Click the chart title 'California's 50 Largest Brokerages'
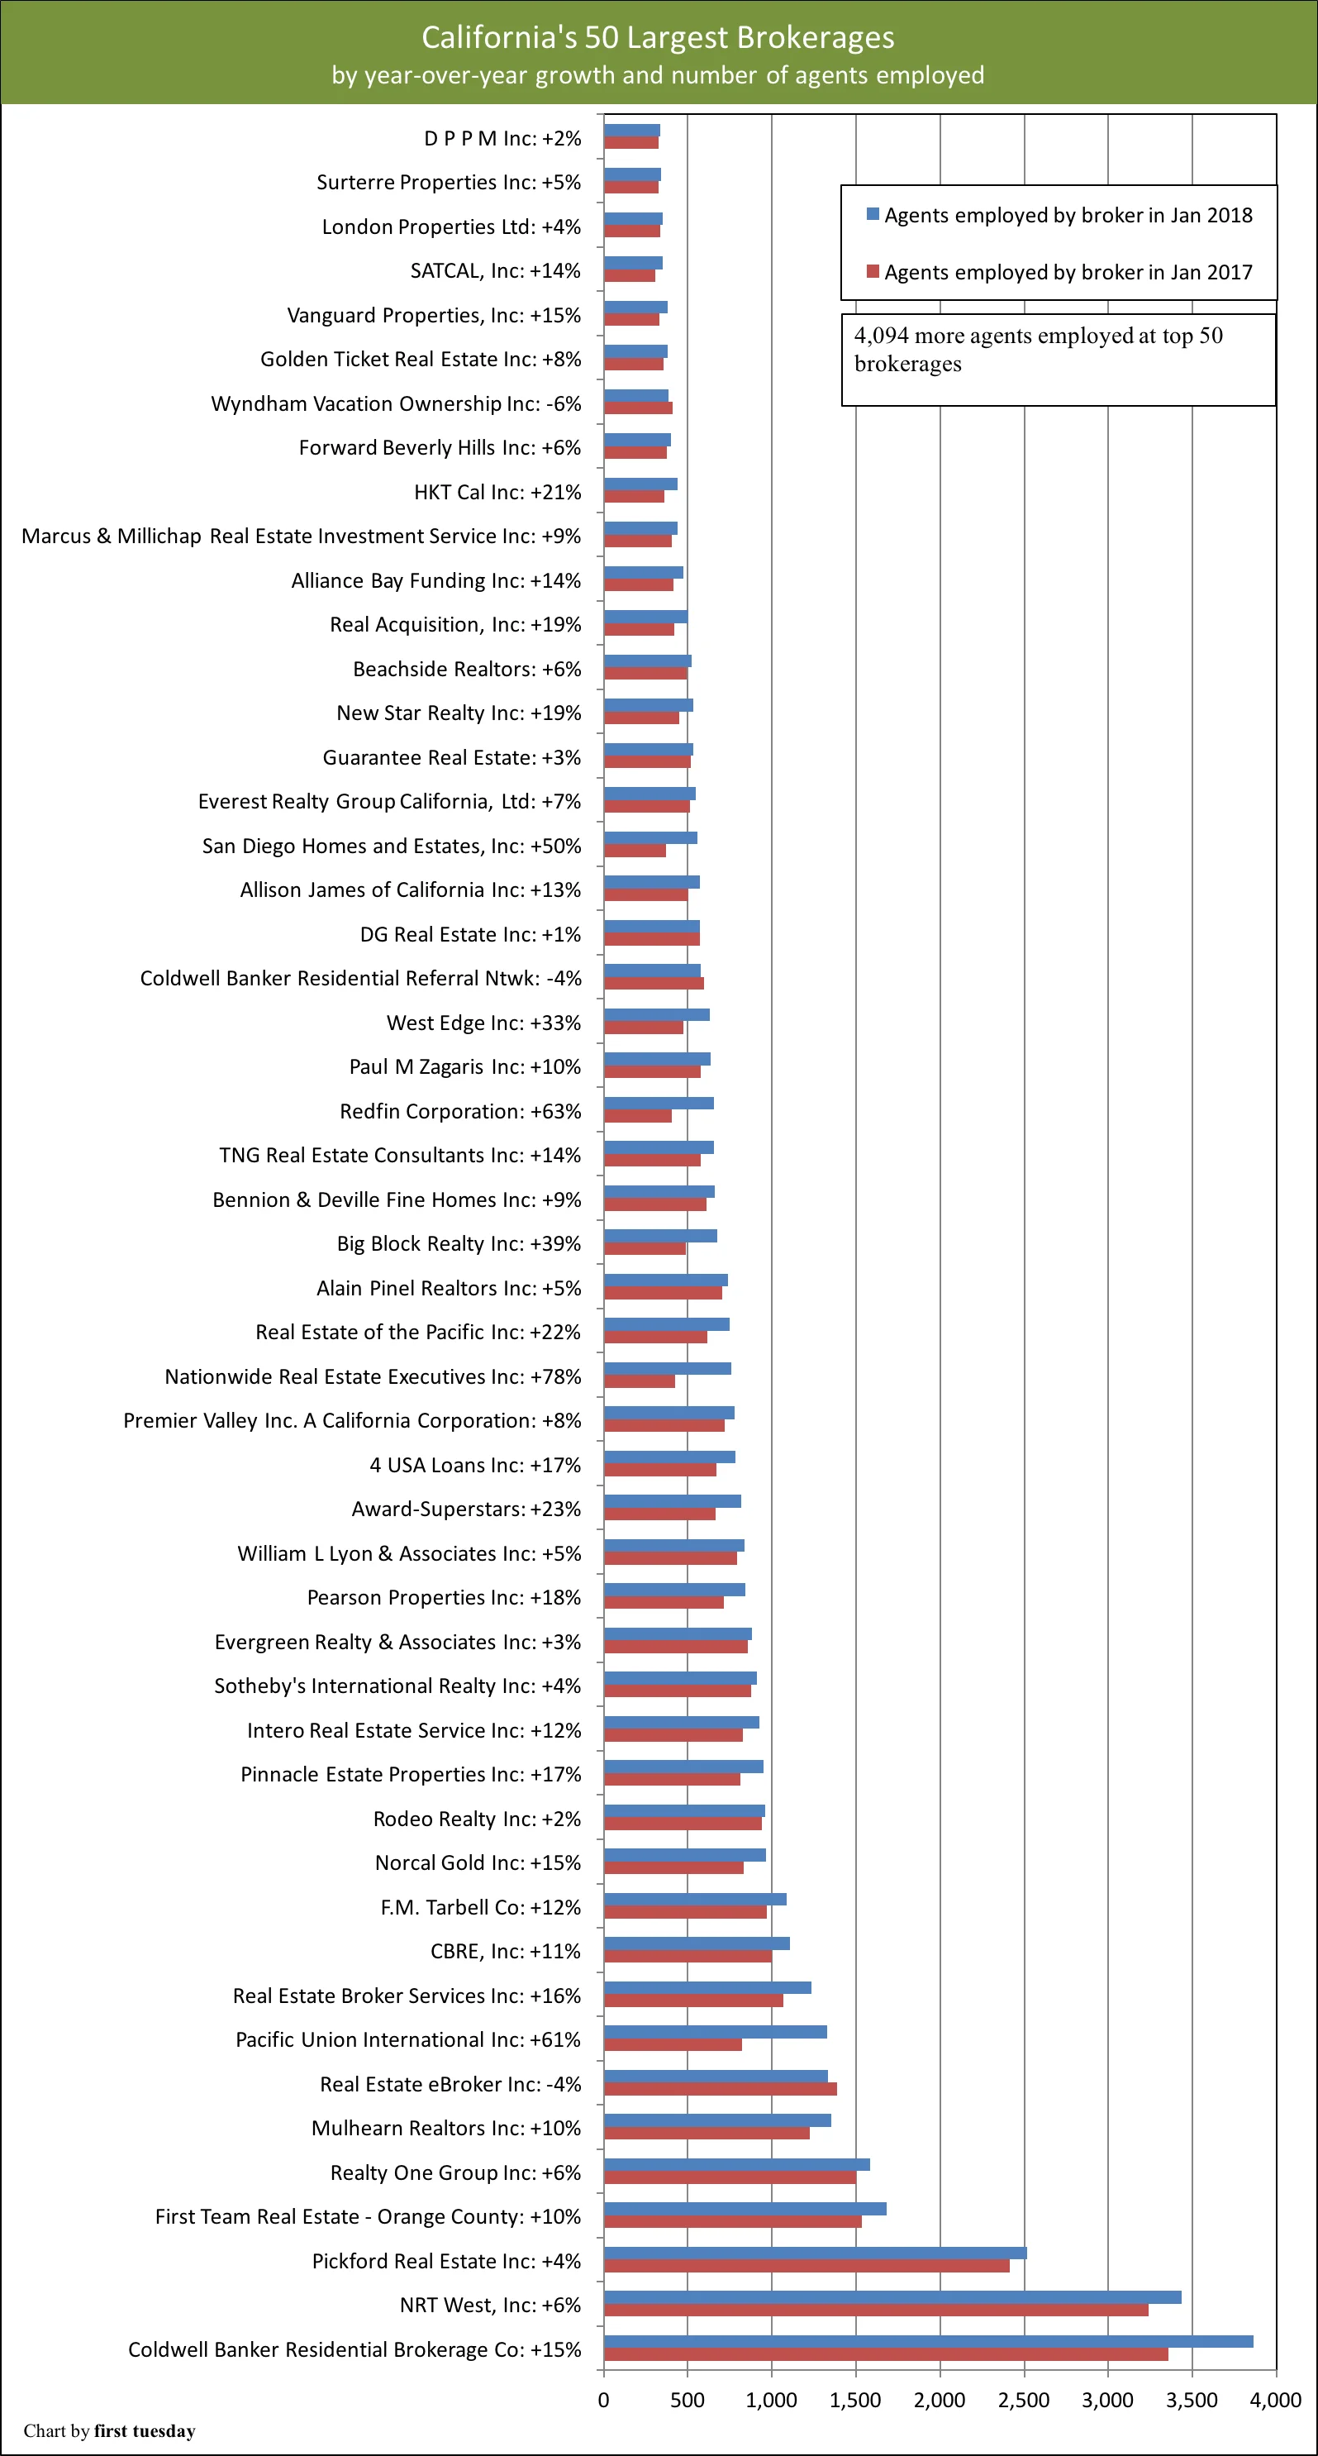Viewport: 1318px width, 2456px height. click(x=658, y=37)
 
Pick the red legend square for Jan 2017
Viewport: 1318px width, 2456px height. click(x=872, y=272)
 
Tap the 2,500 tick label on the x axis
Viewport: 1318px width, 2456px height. click(x=1024, y=2400)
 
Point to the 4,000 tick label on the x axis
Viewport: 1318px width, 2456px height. click(x=1275, y=2400)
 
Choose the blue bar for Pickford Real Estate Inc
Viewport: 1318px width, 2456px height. click(x=815, y=2253)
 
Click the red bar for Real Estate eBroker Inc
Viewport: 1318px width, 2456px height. click(x=720, y=2089)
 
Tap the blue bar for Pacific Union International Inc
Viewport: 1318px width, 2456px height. click(x=715, y=2032)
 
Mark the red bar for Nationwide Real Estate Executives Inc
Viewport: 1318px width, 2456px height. click(x=639, y=1381)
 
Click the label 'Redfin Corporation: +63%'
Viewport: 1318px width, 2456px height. click(x=460, y=1112)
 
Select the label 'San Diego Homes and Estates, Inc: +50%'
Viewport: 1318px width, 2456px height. click(x=391, y=846)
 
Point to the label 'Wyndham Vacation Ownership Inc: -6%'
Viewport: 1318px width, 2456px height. click(x=396, y=404)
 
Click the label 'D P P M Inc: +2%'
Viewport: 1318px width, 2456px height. click(x=502, y=139)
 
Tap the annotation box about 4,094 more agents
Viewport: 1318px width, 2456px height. click(x=1058, y=360)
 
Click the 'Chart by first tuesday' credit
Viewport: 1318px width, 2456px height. click(x=110, y=2430)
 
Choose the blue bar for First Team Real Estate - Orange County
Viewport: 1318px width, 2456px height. click(x=745, y=2209)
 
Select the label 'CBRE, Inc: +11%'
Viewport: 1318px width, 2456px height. click(x=505, y=1952)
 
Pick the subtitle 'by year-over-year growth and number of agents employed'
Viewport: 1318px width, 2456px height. click(x=658, y=75)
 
